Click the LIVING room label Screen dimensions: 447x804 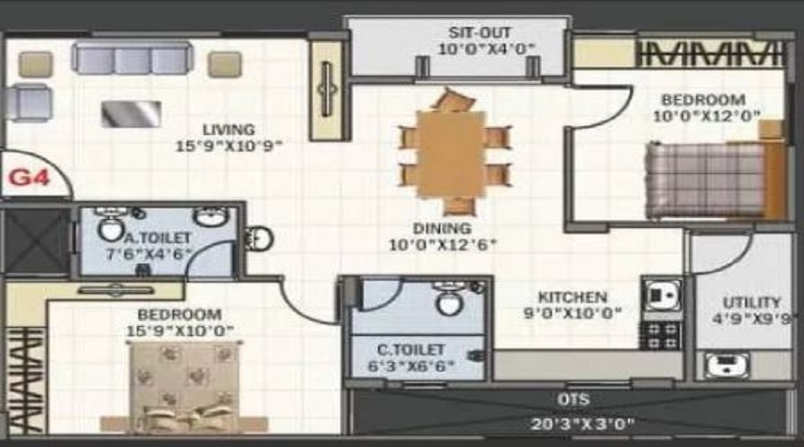click(x=228, y=129)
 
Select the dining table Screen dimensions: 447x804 click(x=451, y=153)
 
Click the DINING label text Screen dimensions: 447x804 click(x=441, y=228)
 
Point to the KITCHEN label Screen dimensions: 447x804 click(x=573, y=297)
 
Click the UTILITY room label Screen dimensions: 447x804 click(x=751, y=302)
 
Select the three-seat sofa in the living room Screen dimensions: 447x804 click(x=132, y=59)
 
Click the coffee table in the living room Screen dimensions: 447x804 click(x=131, y=114)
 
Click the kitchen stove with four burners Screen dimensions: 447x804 click(x=662, y=336)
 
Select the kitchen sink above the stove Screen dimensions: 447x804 click(x=662, y=295)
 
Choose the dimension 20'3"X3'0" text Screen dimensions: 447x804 click(x=572, y=424)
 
